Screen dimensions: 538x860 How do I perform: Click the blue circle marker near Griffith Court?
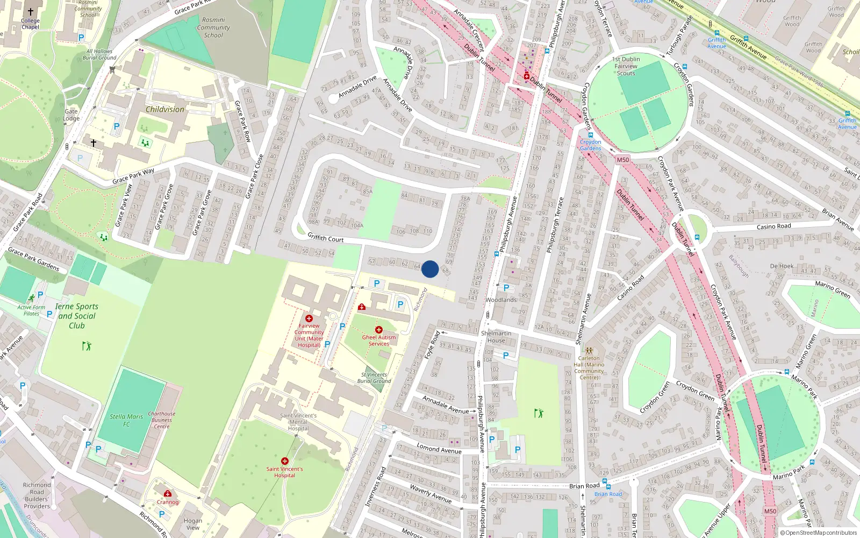(430, 269)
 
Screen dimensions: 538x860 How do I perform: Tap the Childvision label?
(165, 109)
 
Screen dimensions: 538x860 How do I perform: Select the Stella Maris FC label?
(126, 420)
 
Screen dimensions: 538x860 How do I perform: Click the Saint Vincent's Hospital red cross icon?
(285, 461)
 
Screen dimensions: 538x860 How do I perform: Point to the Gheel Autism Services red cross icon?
(379, 330)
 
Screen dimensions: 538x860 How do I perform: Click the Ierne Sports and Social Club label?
(76, 316)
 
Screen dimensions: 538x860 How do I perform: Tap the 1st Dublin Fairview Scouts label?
(626, 66)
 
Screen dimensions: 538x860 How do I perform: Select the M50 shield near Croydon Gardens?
(622, 160)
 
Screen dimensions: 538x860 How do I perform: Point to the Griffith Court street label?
(325, 238)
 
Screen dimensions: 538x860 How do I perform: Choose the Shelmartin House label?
(496, 337)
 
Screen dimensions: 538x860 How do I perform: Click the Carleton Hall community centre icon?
(589, 350)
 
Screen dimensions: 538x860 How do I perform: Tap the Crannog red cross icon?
(168, 493)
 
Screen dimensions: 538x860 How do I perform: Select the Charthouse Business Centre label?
(162, 420)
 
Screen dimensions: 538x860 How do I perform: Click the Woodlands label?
(501, 300)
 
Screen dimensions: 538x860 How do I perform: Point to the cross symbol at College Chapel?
(31, 11)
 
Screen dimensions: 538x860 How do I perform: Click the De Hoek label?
(782, 266)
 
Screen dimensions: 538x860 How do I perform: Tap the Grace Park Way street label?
(133, 176)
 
